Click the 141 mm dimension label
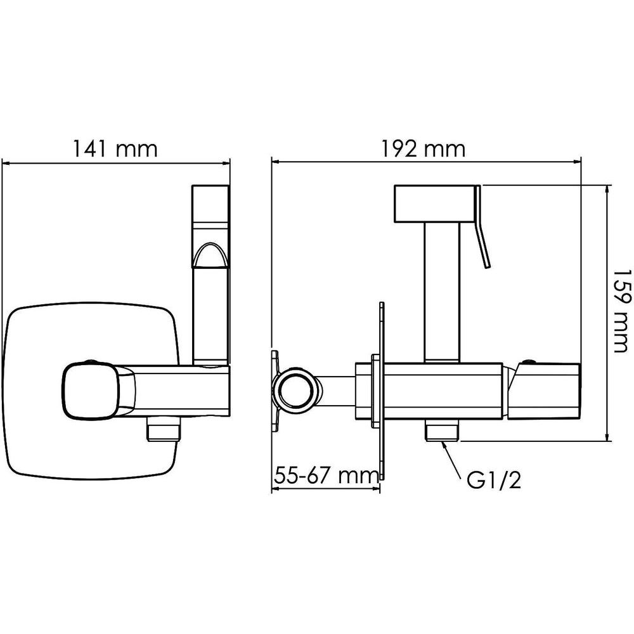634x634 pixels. pos(115,148)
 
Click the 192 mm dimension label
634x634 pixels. pos(423,148)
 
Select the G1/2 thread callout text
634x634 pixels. pos(494,481)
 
